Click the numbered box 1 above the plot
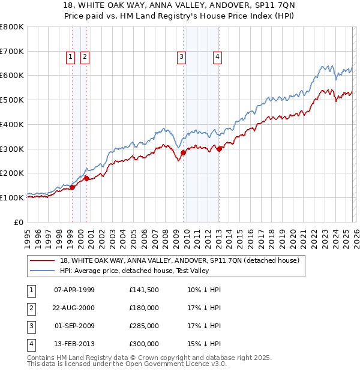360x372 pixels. [70, 57]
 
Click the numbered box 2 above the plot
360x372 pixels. [85, 57]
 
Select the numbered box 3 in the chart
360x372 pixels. [181, 57]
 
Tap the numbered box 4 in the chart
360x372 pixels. [217, 57]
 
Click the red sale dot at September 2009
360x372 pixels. [183, 152]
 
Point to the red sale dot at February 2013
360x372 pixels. [220, 149]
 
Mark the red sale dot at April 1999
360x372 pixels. [72, 187]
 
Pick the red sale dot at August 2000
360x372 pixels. [87, 178]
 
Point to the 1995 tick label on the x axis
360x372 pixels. [27, 234]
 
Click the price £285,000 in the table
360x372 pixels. [144, 327]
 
